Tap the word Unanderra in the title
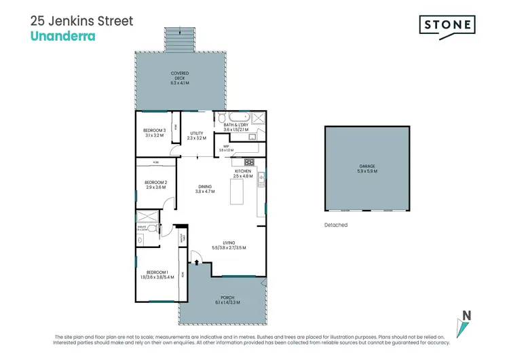tap(63, 35)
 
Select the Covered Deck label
tap(180, 77)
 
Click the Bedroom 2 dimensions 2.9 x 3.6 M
tap(155, 187)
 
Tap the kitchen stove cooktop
tap(248, 162)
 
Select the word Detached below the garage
tap(336, 225)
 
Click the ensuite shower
tap(147, 218)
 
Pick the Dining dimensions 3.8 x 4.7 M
tap(205, 192)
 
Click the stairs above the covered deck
tap(180, 39)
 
